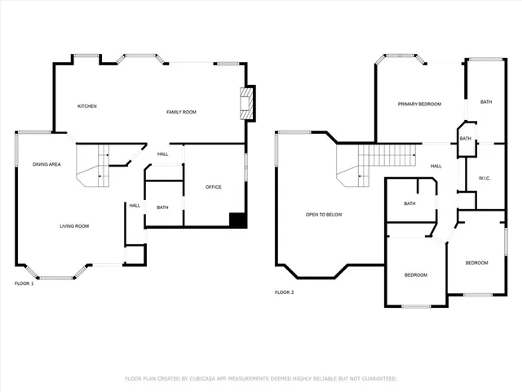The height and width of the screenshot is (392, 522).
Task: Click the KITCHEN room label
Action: point(87,106)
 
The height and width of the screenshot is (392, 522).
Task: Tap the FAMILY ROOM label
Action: point(181,112)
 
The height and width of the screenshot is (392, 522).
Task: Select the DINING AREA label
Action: point(46,165)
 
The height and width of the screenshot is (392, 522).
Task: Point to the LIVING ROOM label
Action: point(73,225)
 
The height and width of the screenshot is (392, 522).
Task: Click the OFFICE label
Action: point(213,187)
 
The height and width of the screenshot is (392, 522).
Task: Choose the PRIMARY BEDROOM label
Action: point(419,104)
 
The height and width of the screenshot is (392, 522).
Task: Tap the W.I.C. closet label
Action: point(484,178)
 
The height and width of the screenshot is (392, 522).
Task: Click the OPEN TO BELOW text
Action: point(324,215)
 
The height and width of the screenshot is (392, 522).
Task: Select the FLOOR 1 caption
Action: point(24,283)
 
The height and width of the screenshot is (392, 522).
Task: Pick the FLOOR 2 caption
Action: point(283,292)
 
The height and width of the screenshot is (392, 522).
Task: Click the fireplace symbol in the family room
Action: point(246,104)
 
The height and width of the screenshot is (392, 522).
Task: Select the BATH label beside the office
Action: point(162,207)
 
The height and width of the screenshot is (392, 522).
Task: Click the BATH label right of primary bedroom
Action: point(486,102)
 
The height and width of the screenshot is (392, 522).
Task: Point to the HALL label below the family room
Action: point(163,154)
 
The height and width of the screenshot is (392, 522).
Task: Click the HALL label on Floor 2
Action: point(436,166)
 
